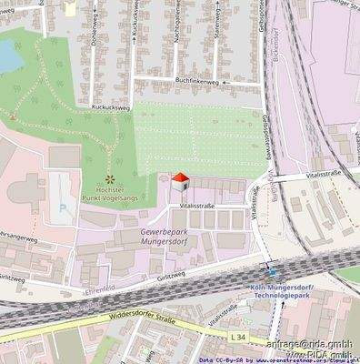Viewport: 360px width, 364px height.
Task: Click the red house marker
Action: (181, 181)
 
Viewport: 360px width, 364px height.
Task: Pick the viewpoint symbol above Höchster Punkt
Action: (110, 177)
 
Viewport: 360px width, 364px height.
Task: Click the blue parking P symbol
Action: (62, 207)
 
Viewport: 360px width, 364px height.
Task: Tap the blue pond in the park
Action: (8, 57)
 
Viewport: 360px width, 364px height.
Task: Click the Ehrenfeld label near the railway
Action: (72, 293)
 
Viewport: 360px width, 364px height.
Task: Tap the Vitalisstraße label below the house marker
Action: (197, 207)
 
